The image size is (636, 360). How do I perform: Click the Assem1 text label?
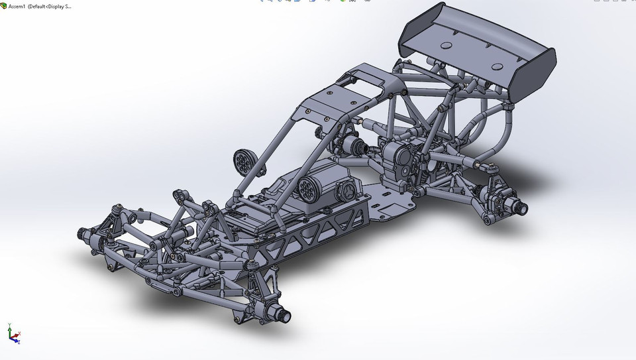tap(17, 6)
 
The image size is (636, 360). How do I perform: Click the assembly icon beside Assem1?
tap(4, 6)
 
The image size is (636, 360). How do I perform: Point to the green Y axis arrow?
tap(9, 327)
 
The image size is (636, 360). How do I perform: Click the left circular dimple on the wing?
tap(445, 46)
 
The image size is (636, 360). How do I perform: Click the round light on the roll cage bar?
tap(242, 160)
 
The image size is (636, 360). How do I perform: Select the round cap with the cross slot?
tap(346, 192)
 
